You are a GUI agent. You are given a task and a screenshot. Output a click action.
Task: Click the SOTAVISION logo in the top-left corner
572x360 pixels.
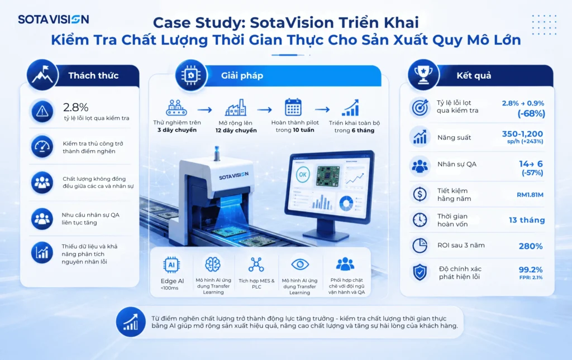click(x=53, y=20)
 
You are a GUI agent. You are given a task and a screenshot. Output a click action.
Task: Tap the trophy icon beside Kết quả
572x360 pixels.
click(x=423, y=75)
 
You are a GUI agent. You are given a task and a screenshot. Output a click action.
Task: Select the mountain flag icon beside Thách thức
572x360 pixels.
click(x=42, y=75)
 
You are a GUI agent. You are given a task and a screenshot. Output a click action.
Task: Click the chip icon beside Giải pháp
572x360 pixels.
click(x=191, y=75)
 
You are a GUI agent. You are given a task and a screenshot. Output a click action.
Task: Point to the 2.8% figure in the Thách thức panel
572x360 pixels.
click(x=76, y=107)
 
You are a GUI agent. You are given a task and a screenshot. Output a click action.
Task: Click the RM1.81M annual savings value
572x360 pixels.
click(x=530, y=195)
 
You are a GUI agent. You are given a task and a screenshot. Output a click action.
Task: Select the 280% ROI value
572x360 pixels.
click(x=531, y=246)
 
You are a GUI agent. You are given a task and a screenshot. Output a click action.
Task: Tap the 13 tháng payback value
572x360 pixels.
click(x=527, y=220)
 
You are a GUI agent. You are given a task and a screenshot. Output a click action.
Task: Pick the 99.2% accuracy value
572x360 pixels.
click(x=531, y=270)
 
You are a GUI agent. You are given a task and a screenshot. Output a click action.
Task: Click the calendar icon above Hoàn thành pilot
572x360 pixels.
click(x=293, y=108)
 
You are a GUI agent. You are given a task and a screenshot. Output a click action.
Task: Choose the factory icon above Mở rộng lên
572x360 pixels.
click(x=236, y=108)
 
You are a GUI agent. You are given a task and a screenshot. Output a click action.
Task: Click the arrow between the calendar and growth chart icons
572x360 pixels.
click(x=322, y=109)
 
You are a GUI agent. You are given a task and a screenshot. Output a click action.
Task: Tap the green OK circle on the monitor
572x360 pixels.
click(x=303, y=175)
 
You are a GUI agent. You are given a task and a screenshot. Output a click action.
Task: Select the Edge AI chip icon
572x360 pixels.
click(x=171, y=265)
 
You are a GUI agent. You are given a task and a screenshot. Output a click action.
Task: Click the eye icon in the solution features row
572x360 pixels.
click(x=300, y=264)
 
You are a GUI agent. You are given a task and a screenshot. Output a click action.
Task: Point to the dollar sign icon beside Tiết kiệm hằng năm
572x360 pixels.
click(x=420, y=194)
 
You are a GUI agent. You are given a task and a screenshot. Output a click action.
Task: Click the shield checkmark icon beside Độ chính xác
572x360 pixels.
click(x=420, y=272)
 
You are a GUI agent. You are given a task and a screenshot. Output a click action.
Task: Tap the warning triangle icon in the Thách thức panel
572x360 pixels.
click(x=42, y=111)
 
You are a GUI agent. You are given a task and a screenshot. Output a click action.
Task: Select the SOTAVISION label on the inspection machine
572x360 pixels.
click(x=233, y=176)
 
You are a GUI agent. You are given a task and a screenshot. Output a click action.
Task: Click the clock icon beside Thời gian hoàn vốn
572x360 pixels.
click(x=420, y=220)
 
